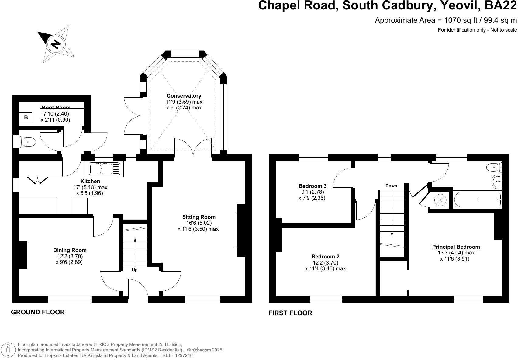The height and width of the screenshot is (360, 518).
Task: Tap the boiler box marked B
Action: tap(26, 117)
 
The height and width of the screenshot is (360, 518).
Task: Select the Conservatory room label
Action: tap(184, 96)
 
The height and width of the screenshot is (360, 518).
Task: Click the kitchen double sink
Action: tap(105, 169)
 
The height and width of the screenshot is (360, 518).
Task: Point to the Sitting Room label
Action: tap(199, 217)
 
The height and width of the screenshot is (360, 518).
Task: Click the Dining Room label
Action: tap(70, 250)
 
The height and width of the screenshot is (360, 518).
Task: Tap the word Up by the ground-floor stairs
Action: tap(135, 270)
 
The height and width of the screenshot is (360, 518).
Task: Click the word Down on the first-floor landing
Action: tap(391, 186)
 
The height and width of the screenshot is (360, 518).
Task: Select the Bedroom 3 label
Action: tap(312, 186)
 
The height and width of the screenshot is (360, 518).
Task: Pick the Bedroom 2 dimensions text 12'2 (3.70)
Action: tap(325, 263)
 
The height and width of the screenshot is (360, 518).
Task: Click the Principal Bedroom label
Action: tap(456, 247)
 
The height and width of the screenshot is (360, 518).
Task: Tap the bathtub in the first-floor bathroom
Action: tap(477, 200)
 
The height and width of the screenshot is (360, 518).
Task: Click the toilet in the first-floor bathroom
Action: tap(494, 168)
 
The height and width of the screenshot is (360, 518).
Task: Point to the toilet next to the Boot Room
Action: tap(28, 142)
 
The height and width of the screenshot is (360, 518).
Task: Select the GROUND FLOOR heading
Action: tap(38, 312)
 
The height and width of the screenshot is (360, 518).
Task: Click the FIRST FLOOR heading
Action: tap(290, 313)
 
